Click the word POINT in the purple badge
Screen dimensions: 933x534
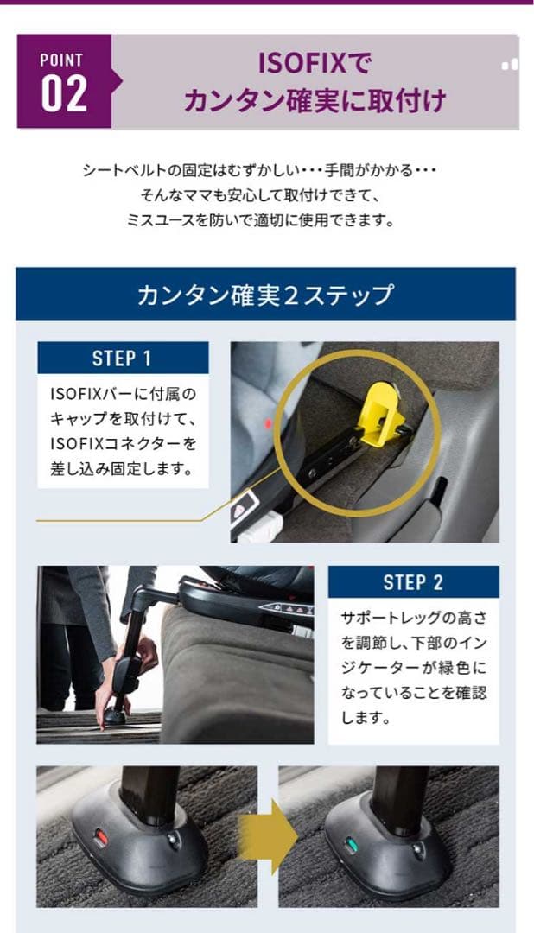pos(61,60)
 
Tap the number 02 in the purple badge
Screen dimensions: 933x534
pos(64,94)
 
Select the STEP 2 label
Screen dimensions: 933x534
pos(413,582)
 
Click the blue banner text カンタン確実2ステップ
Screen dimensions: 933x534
pos(265,295)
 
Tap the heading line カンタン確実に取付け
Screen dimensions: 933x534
pos(315,101)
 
